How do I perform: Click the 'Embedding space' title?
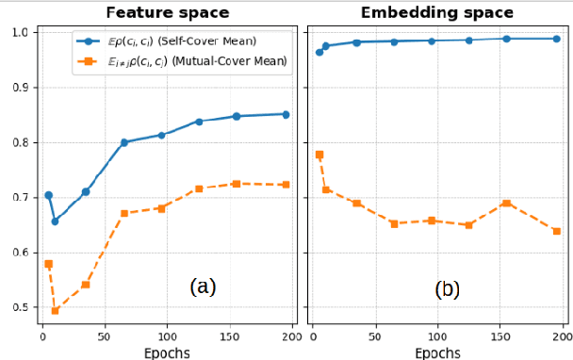[436, 12]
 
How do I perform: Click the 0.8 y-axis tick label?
[18, 143]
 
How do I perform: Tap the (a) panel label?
[203, 286]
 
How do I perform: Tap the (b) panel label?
[447, 289]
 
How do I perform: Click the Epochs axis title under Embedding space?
[436, 352]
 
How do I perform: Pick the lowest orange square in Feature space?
[55, 311]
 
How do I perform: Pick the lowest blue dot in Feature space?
[55, 221]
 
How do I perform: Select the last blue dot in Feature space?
[286, 114]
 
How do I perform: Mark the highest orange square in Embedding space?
[319, 155]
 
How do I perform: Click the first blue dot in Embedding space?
[319, 52]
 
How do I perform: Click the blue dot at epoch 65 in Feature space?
[124, 142]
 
